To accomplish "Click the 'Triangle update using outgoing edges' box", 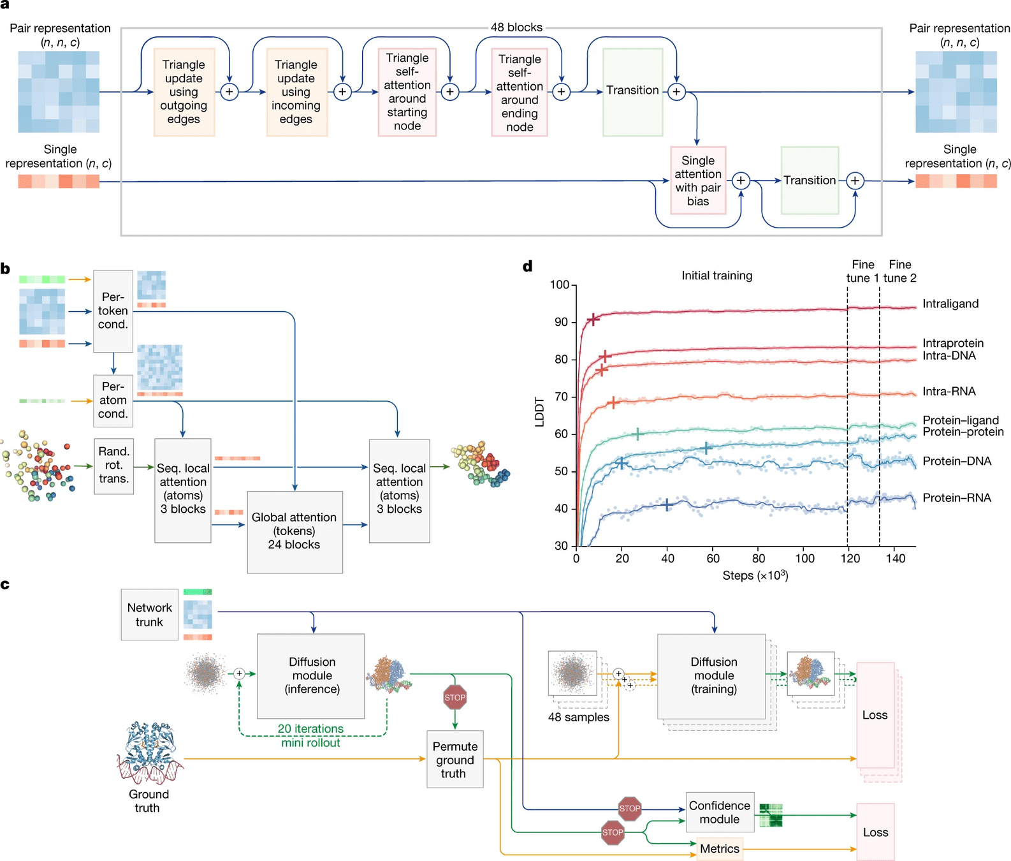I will pyautogui.click(x=184, y=92).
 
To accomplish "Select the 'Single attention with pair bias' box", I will pyautogui.click(x=698, y=180).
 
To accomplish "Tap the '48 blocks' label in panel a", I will pyautogui.click(x=516, y=27).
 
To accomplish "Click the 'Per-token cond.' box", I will pyautogui.click(x=113, y=311).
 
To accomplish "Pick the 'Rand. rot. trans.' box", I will pyautogui.click(x=113, y=465).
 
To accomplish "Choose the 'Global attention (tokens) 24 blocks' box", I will pyautogui.click(x=295, y=531).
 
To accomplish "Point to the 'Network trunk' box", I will pyautogui.click(x=149, y=615).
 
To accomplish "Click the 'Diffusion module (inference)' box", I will pyautogui.click(x=311, y=675).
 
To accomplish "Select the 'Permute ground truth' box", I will pyautogui.click(x=455, y=760).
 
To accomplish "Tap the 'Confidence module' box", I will pyautogui.click(x=720, y=813).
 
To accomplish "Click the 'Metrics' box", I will pyautogui.click(x=720, y=849).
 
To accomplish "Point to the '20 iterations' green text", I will pyautogui.click(x=310, y=728).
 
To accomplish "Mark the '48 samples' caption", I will pyautogui.click(x=578, y=717).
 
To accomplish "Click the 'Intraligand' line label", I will pyautogui.click(x=950, y=304).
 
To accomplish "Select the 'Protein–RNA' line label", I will pyautogui.click(x=957, y=497).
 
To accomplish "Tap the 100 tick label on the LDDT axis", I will pyautogui.click(x=559, y=284).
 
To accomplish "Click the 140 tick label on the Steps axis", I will pyautogui.click(x=896, y=559).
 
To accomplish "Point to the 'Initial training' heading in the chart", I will pyautogui.click(x=716, y=276).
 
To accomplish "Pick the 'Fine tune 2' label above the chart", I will pyautogui.click(x=900, y=271).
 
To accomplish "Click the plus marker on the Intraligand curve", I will pyautogui.click(x=593, y=319).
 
